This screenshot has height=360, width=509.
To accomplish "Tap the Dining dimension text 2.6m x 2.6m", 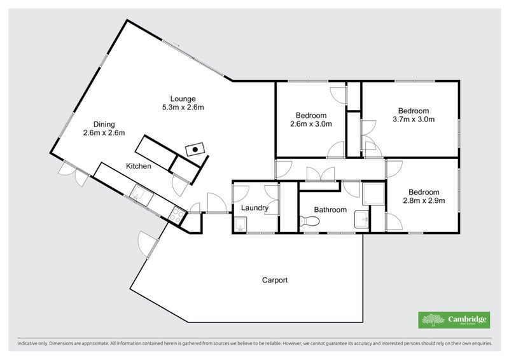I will coord(104,133).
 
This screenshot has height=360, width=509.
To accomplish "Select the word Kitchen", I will coord(138,166).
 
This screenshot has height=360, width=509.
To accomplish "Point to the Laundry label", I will coord(254,208).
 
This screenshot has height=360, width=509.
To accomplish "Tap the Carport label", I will coord(275,279).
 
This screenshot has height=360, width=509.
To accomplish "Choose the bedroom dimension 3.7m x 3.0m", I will coord(413,119).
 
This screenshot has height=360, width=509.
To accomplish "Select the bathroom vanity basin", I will coord(361,219).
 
